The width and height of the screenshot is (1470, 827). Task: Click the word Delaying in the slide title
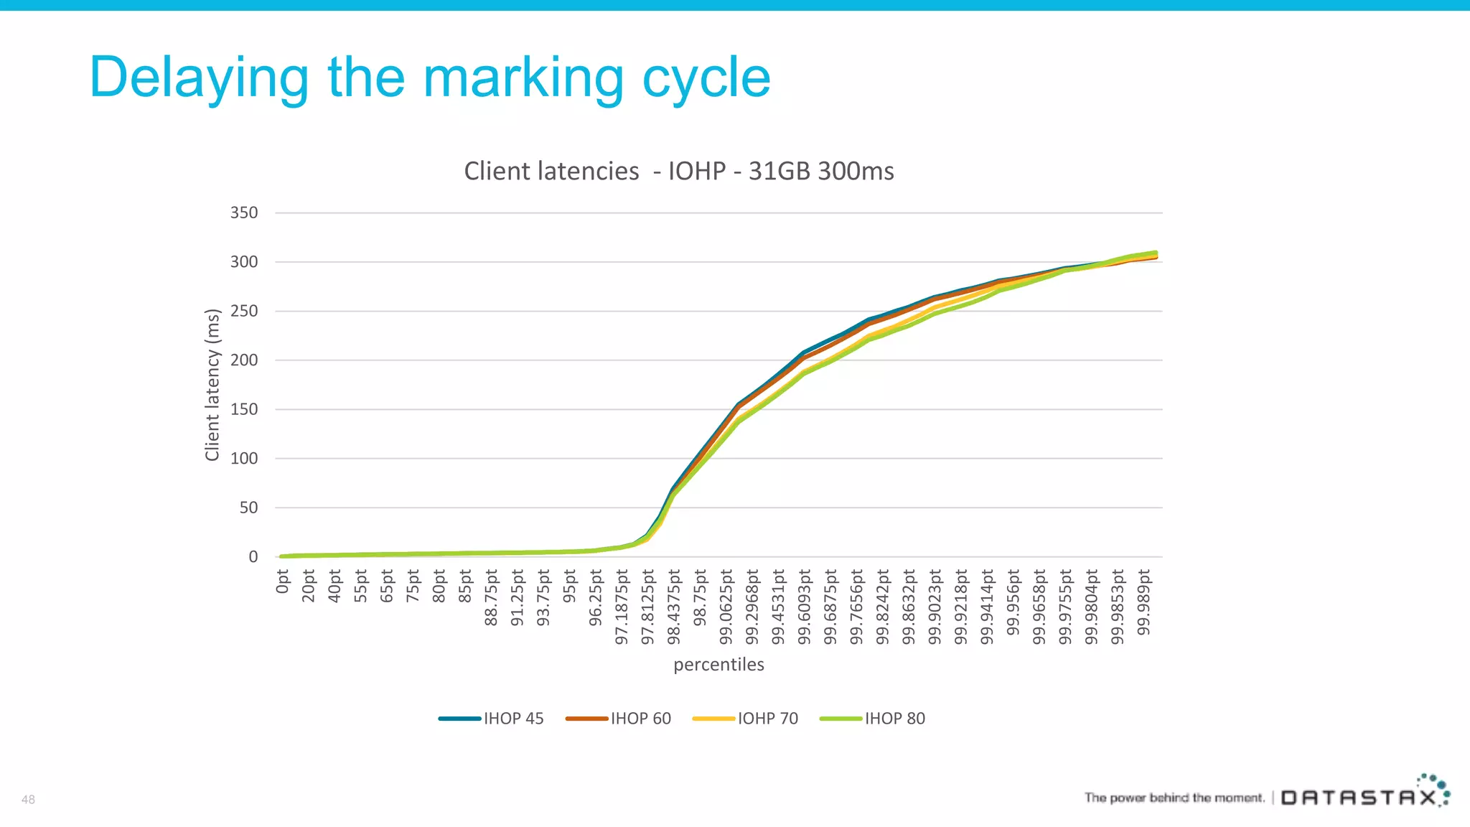pos(200,78)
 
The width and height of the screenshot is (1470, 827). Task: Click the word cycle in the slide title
pos(706,78)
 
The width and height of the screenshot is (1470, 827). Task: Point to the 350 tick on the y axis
pos(243,213)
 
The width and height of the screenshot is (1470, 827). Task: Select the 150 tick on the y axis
pos(243,409)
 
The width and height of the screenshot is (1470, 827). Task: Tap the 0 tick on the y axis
pos(253,557)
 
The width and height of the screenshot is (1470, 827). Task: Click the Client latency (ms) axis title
pos(212,385)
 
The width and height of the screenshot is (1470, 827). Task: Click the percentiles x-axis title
pos(718,664)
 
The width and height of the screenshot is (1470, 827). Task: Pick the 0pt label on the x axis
pos(282,581)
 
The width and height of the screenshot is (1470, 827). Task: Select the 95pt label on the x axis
pos(570,586)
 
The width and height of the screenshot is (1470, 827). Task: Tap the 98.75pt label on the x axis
pos(701,597)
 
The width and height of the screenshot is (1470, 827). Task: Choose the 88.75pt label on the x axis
pos(491,597)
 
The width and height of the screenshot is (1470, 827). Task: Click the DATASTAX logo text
pos(1359,798)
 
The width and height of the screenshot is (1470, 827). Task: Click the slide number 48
pos(28,799)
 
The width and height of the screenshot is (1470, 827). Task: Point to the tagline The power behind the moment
pos(1174,798)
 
